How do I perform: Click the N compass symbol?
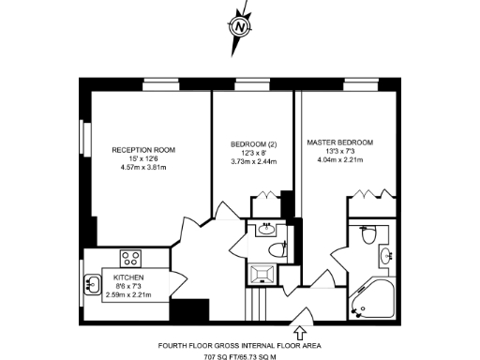[241, 26]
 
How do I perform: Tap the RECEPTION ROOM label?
[143, 150]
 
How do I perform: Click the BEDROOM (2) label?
[252, 143]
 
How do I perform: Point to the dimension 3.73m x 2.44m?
[253, 161]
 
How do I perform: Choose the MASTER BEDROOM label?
[339, 142]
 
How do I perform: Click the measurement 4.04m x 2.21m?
[339, 159]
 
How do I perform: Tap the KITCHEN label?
[128, 278]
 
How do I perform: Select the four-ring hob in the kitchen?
[130, 259]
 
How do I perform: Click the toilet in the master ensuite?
[367, 234]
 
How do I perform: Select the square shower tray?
[264, 273]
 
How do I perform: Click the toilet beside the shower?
[274, 247]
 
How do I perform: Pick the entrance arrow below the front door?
[301, 331]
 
